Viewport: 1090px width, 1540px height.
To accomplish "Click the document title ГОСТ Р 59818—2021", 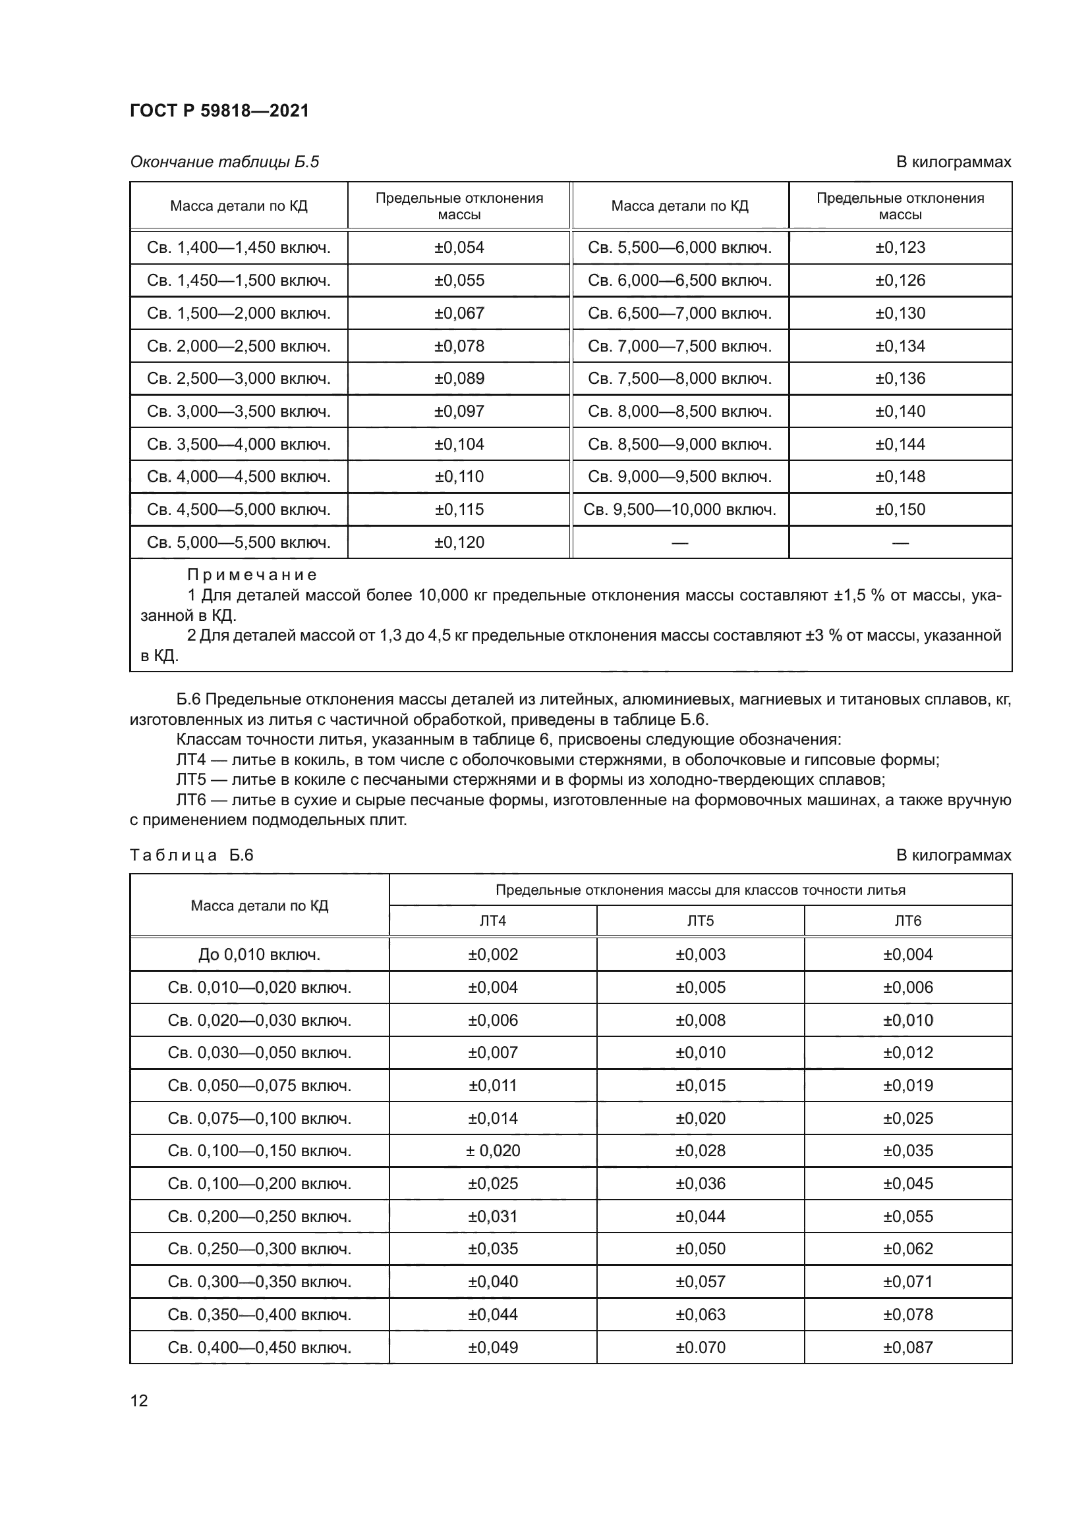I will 219,111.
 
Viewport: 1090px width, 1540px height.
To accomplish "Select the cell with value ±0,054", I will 459,248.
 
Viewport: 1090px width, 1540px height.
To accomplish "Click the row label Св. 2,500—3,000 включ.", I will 239,379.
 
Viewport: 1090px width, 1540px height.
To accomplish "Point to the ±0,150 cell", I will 900,509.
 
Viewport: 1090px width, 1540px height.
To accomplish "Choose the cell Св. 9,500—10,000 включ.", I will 679,509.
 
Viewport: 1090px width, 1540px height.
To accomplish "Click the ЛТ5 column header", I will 700,921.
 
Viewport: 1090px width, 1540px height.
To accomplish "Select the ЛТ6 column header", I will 907,921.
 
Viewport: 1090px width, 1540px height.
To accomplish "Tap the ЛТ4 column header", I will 493,921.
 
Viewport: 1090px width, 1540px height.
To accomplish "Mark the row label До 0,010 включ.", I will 259,955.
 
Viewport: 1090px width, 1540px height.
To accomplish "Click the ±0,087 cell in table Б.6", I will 907,1348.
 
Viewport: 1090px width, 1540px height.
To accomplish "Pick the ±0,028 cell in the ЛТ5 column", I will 700,1151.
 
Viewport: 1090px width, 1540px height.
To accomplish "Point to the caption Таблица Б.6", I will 191,855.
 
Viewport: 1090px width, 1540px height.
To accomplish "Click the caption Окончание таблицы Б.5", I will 225,162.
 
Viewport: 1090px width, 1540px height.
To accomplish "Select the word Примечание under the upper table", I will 252,575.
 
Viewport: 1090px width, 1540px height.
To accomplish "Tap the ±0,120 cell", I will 459,542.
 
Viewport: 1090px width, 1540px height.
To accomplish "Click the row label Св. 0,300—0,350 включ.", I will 259,1282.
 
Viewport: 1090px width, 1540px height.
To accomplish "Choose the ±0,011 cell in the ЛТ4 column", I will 493,1085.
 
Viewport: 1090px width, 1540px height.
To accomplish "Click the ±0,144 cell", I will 900,444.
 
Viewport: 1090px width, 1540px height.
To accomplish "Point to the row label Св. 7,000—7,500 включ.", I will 679,346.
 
